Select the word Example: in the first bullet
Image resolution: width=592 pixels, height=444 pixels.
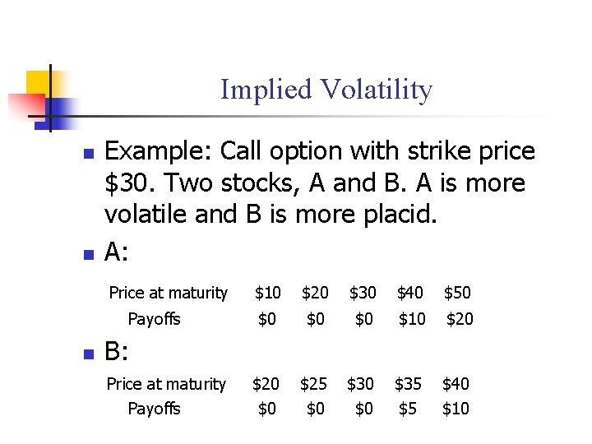click(158, 152)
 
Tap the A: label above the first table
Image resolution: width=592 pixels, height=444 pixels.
click(117, 252)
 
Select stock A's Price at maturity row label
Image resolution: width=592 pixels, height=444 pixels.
click(168, 293)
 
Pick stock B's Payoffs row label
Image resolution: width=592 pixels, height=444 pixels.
click(154, 409)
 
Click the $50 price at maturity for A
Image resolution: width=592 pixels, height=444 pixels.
click(458, 293)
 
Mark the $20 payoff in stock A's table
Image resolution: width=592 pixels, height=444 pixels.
click(460, 319)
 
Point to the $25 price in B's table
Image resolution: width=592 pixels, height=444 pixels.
click(313, 384)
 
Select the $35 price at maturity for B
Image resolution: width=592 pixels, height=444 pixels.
click(409, 384)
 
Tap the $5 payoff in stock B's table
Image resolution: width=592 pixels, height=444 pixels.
click(407, 409)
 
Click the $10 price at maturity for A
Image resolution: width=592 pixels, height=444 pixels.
click(267, 293)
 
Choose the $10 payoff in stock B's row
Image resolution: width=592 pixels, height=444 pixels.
click(456, 409)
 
